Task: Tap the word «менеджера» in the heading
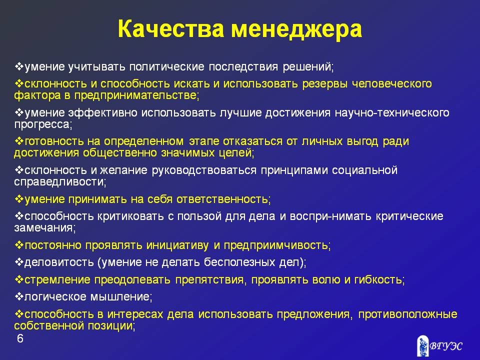296,29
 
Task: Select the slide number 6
20,338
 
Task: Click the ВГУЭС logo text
446,346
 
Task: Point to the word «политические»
167,66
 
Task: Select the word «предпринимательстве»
136,95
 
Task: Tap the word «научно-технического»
392,112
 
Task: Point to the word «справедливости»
60,182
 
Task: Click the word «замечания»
44,228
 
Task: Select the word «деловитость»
59,262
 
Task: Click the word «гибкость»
379,280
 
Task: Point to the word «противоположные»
408,314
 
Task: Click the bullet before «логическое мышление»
19,296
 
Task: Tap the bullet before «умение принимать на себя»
19,199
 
